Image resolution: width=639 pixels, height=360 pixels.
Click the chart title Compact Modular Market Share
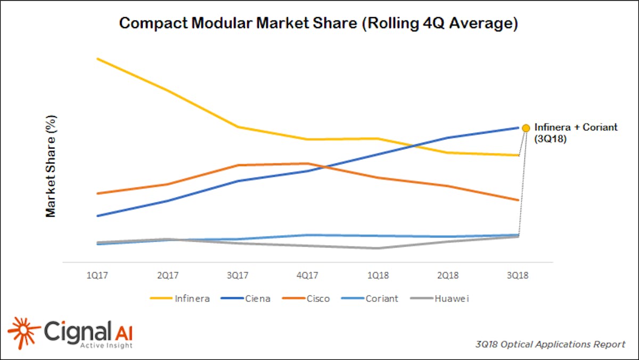(318, 24)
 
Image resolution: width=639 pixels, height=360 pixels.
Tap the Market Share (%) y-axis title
(51, 166)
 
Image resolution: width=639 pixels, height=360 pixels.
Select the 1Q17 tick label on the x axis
(97, 276)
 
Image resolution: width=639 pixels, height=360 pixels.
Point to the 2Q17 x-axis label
(168, 276)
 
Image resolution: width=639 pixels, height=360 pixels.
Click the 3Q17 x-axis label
(237, 276)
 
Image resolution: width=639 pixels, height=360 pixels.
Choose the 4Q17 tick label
(308, 276)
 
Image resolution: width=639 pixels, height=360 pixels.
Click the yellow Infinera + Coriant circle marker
(526, 128)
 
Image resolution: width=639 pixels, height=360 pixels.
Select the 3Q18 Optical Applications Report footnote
(551, 345)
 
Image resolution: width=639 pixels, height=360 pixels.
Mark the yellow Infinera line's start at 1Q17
(97, 59)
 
